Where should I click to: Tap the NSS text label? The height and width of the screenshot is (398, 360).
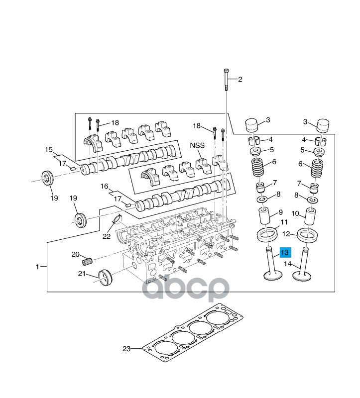tap(197, 146)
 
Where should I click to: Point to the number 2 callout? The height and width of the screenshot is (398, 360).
tap(240, 80)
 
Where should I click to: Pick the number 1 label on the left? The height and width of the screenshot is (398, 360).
tap(37, 267)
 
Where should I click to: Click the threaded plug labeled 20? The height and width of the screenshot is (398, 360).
tap(88, 261)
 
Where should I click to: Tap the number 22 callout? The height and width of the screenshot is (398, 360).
tap(106, 236)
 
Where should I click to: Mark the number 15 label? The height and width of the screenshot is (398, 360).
tap(49, 149)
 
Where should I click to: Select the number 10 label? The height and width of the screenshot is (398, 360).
tap(295, 213)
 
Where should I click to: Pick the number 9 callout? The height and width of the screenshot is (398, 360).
tap(281, 212)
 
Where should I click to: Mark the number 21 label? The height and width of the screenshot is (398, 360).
tap(82, 273)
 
